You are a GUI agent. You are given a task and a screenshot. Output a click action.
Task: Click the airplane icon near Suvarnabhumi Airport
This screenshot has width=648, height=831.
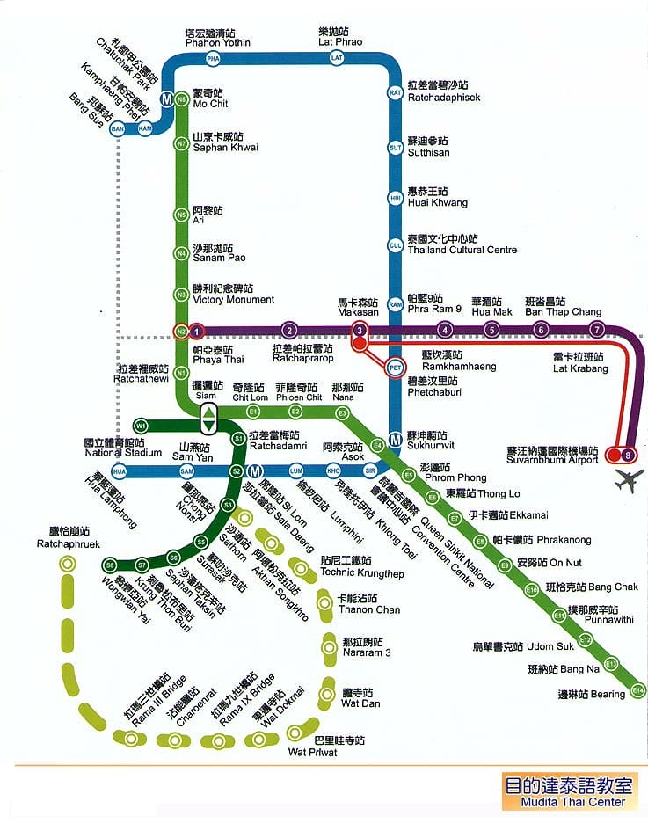(630, 481)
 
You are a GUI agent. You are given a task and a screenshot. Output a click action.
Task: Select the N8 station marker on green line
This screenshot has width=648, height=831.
(181, 99)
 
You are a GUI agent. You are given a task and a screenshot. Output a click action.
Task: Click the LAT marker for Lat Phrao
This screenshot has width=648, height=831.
(337, 58)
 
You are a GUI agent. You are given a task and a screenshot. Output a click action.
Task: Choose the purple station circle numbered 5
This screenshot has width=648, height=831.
(491, 331)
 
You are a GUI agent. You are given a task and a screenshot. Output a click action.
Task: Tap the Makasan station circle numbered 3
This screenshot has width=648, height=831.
(360, 331)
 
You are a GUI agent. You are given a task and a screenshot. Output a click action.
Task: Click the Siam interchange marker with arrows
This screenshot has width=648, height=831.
(208, 419)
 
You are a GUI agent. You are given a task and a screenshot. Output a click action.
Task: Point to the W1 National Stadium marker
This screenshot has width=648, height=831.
(141, 426)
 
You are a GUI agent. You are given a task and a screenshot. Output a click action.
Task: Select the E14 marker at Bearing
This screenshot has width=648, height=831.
(638, 690)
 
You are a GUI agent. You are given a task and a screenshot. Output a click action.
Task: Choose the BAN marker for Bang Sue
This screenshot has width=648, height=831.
(117, 129)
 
